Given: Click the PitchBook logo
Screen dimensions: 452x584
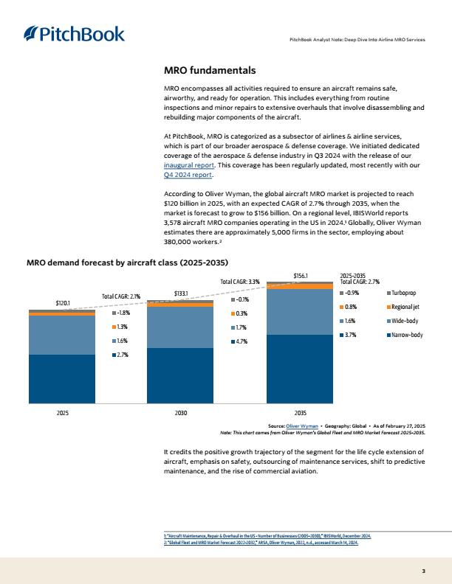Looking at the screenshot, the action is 74,33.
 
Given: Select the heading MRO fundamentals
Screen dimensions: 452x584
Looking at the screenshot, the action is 210,70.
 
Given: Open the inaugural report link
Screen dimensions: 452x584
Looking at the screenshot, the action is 189,165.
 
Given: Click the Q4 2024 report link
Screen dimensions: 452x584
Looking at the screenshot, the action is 188,175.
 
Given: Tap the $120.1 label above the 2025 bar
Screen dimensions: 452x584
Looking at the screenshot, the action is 63,303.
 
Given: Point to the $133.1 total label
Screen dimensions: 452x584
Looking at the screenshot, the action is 181,293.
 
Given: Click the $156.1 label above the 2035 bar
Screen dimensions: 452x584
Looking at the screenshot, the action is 301,276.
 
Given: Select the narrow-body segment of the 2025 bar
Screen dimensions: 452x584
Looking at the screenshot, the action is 62,379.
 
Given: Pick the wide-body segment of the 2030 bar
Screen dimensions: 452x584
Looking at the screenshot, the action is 180,327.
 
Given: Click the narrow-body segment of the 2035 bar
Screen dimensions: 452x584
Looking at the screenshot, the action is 300,369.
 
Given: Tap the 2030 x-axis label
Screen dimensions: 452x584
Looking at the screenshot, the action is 181,413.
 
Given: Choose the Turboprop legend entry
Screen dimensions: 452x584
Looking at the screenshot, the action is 402,293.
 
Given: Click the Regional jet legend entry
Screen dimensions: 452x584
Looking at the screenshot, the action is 403,307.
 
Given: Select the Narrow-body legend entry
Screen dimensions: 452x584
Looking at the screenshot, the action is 405,335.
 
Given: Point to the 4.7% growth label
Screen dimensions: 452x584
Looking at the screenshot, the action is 239,341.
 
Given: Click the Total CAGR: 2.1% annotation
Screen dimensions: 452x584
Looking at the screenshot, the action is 121,296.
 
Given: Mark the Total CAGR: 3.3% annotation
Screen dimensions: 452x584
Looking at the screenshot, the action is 240,282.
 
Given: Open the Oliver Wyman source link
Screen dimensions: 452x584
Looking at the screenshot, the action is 302,426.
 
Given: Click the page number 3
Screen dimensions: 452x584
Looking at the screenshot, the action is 423,571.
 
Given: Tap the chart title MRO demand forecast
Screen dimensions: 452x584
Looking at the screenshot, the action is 127,263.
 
